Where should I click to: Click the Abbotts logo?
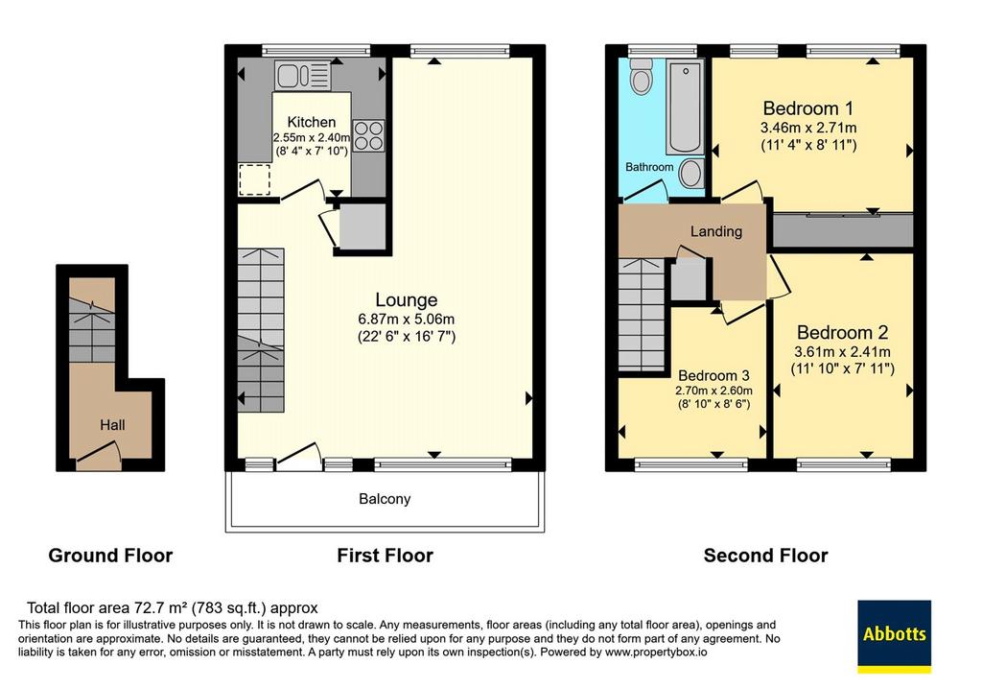click(x=894, y=636)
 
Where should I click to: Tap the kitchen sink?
click(x=302, y=76)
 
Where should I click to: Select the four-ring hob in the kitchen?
click(x=368, y=135)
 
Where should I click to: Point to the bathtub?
click(x=685, y=107)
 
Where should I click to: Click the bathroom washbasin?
click(x=691, y=173)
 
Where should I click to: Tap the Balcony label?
click(x=385, y=499)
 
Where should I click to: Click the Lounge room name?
click(x=407, y=299)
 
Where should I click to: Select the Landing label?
click(x=715, y=232)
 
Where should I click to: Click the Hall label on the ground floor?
click(x=112, y=425)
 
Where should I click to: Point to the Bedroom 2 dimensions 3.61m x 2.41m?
click(x=842, y=351)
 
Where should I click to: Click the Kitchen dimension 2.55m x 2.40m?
click(x=312, y=136)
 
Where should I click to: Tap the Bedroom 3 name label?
click(x=713, y=375)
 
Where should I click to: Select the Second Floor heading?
click(x=765, y=556)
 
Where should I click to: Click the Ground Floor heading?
click(x=110, y=556)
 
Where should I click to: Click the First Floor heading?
click(x=386, y=556)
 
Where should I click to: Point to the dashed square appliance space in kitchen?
click(x=254, y=179)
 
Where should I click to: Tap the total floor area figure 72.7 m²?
click(x=161, y=607)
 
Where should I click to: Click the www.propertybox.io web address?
click(x=656, y=652)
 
